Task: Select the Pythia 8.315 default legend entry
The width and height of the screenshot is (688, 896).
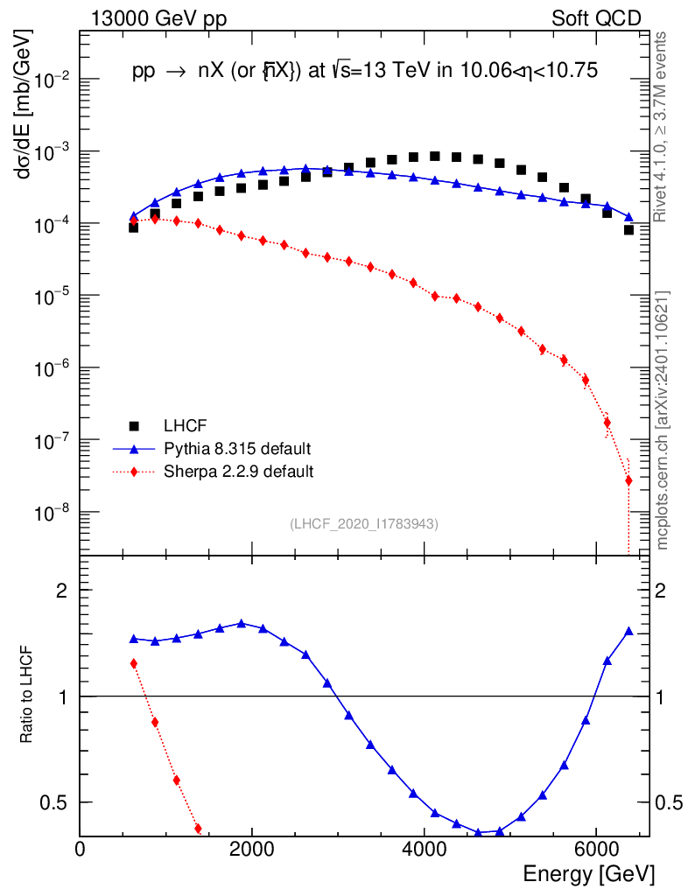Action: click(x=237, y=449)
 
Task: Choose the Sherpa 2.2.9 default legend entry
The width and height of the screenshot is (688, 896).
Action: click(x=238, y=472)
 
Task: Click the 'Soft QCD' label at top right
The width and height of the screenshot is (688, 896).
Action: click(x=596, y=18)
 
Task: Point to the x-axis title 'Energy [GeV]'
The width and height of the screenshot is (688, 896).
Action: click(x=588, y=873)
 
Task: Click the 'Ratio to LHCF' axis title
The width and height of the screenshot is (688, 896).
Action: click(x=27, y=696)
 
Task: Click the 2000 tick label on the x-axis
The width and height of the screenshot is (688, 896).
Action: click(x=252, y=849)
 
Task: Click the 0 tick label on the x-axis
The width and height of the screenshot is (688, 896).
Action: click(x=81, y=849)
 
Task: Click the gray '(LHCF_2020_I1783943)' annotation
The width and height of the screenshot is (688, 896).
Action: click(x=364, y=523)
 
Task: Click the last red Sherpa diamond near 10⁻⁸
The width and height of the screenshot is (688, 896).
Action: click(x=628, y=480)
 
